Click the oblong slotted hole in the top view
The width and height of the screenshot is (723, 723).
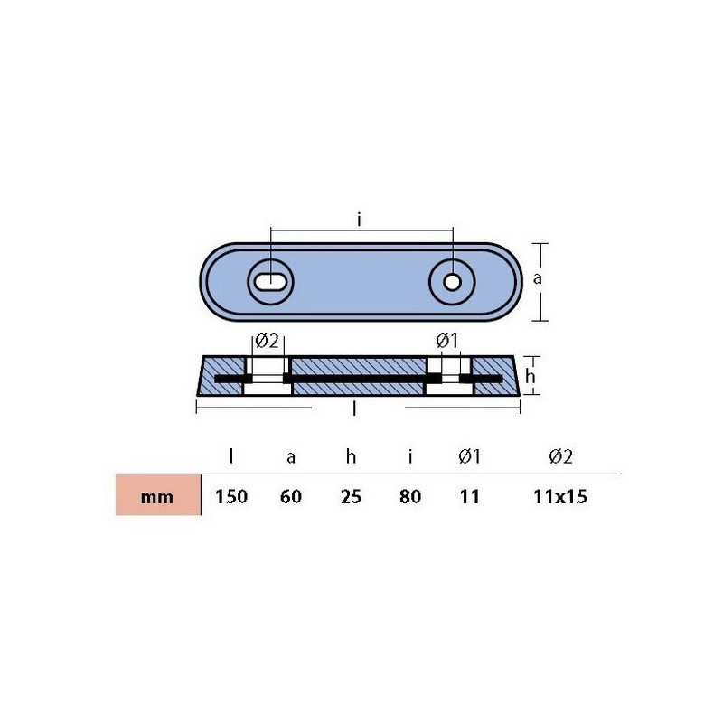(x=270, y=281)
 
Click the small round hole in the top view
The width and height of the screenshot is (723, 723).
(x=452, y=282)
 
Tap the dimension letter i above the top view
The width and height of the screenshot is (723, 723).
(x=359, y=220)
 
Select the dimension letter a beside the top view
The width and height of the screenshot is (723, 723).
(x=537, y=279)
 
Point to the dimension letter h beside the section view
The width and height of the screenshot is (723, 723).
(x=531, y=376)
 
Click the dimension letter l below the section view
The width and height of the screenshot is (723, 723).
(x=354, y=408)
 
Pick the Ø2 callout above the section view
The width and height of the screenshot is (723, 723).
(x=267, y=342)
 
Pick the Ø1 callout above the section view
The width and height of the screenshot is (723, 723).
(x=447, y=342)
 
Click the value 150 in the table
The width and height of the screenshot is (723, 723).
(x=231, y=496)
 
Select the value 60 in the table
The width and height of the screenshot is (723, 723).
(x=291, y=496)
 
